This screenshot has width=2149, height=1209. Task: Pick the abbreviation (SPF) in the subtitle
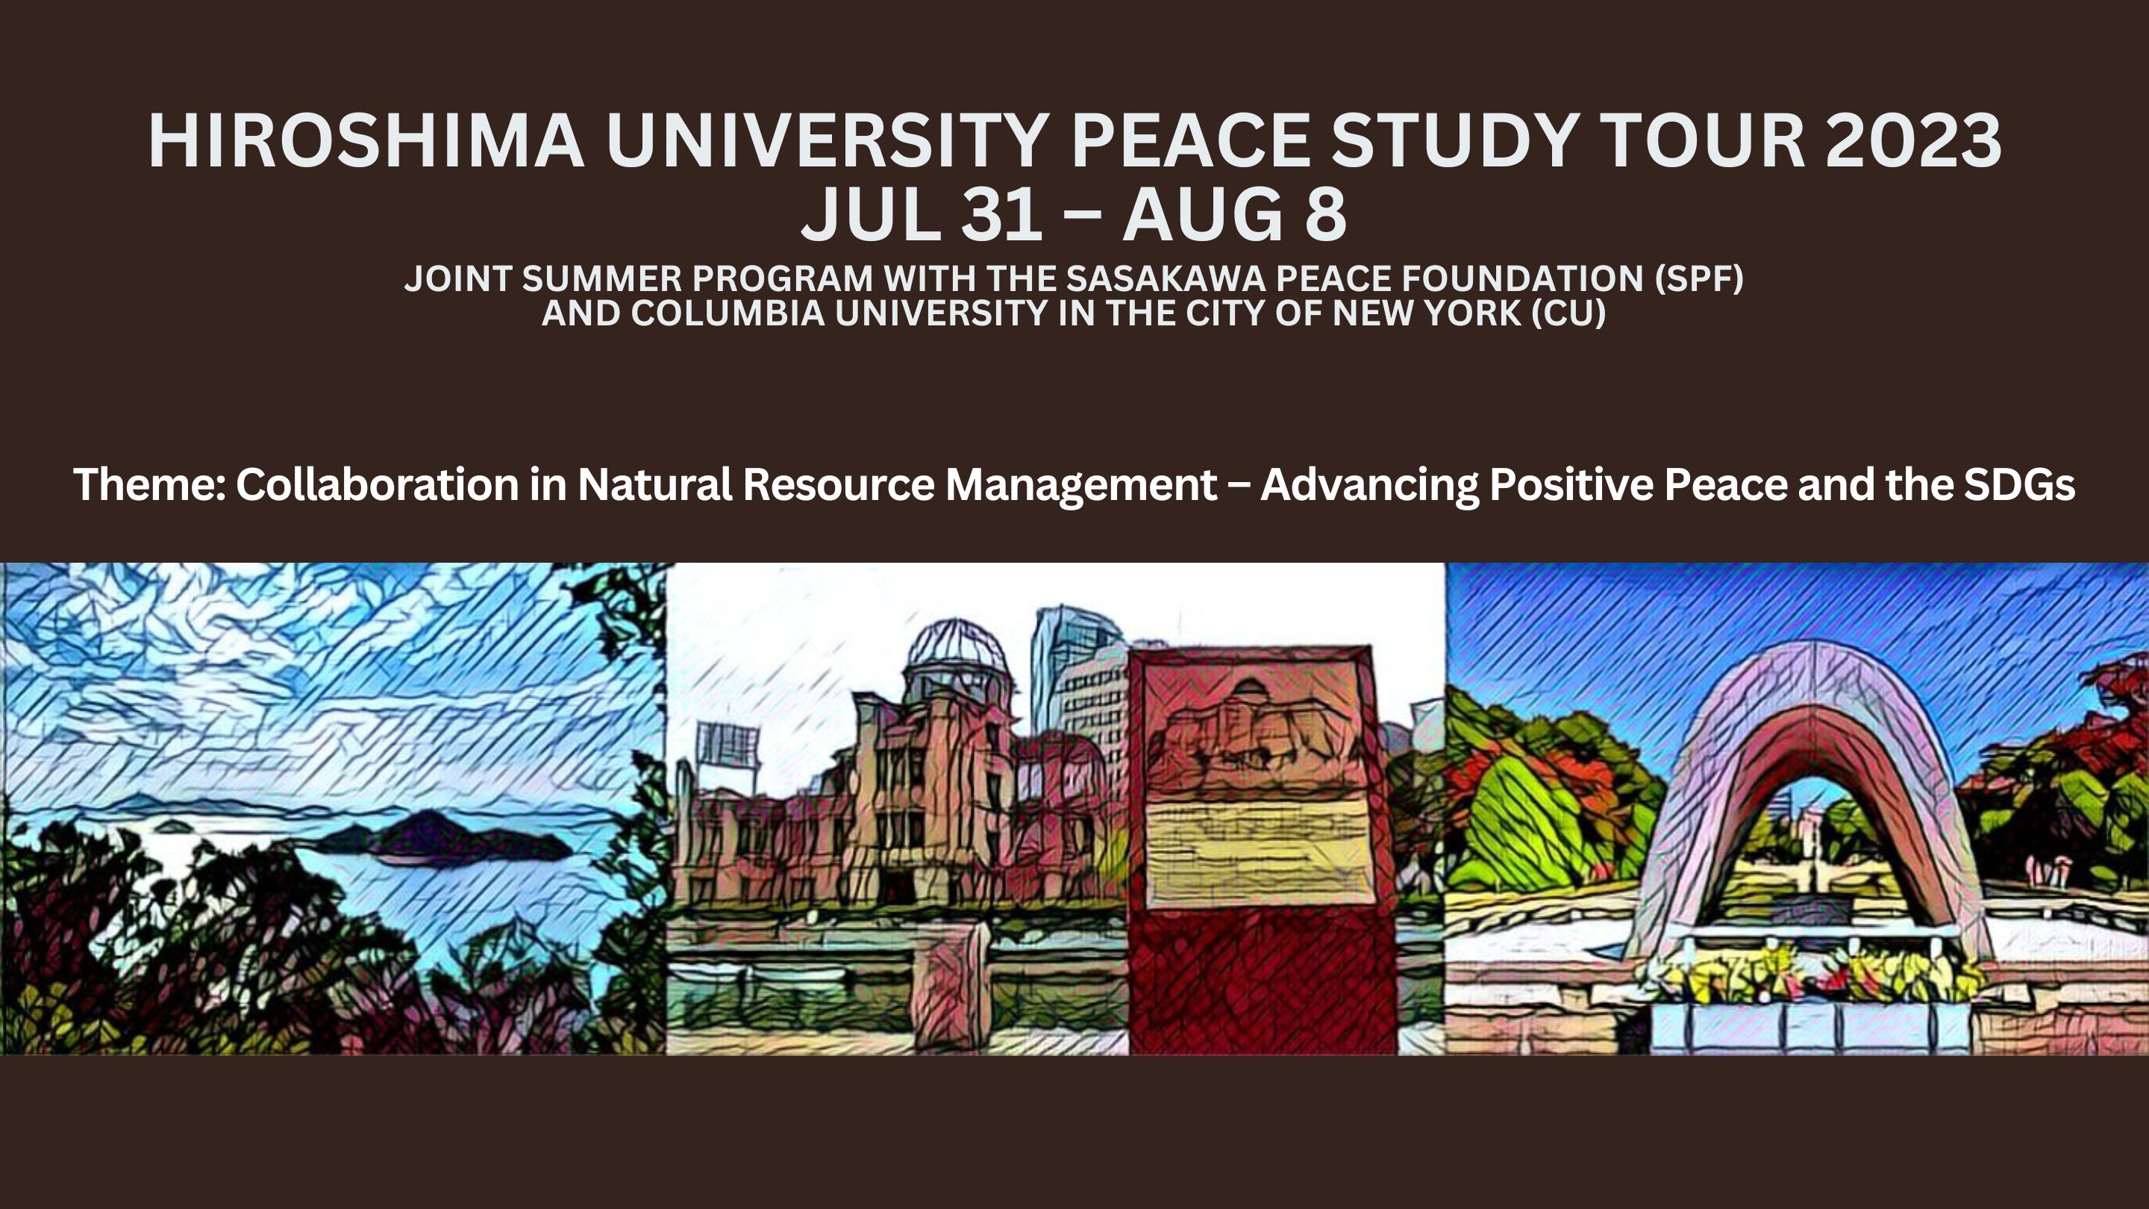pos(1699,278)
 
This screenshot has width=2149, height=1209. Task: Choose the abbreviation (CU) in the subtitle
pos(1568,313)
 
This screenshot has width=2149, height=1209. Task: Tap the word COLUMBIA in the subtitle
pos(728,313)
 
